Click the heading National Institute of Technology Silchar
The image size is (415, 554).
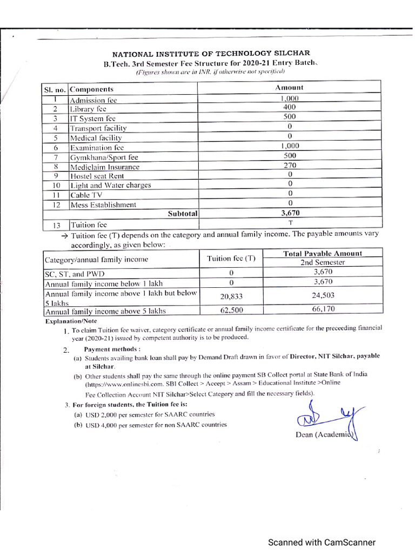tap(211, 53)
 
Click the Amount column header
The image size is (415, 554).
tap(289, 88)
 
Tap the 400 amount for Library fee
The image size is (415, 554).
tap(289, 107)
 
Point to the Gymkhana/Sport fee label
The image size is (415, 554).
tap(104, 157)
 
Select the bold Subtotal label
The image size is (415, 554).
tap(183, 214)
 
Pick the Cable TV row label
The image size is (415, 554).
tap(86, 195)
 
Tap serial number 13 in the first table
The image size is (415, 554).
tap(55, 225)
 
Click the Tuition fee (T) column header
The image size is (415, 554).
tap(231, 259)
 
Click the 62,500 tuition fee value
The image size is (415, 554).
tap(231, 311)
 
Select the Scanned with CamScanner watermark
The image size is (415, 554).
tap(323, 542)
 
